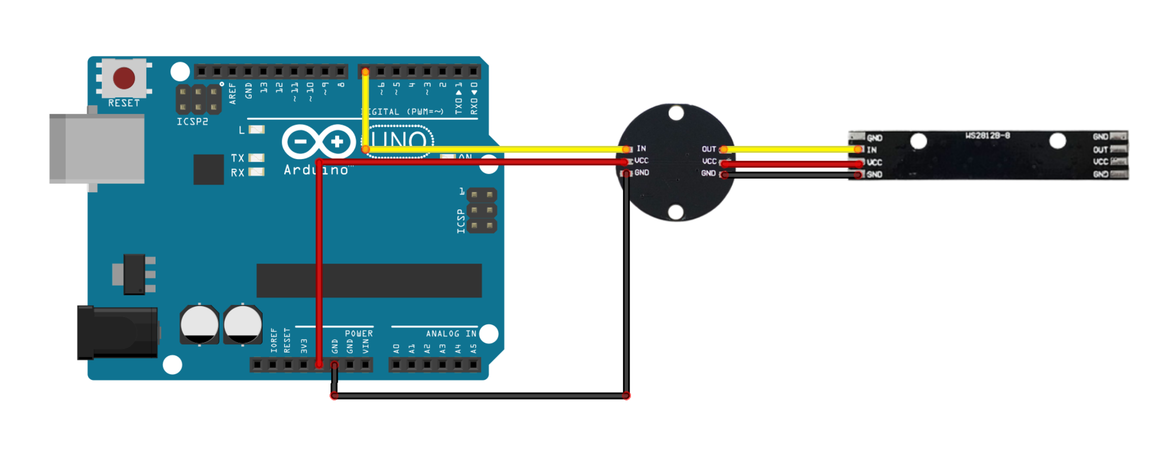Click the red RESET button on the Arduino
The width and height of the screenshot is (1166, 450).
124,78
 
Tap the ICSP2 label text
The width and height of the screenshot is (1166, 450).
192,122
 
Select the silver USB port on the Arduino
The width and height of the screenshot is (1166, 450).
97,148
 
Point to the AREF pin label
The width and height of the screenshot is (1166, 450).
233,94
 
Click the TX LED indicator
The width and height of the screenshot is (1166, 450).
257,158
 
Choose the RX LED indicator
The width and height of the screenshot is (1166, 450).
257,172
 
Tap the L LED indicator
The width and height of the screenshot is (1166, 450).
257,130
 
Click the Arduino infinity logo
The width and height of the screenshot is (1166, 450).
319,141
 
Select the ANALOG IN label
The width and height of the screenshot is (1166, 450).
451,334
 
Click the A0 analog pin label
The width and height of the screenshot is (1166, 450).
397,348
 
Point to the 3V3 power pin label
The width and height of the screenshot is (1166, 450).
304,346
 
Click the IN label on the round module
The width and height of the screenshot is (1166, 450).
641,148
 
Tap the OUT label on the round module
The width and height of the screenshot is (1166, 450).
709,149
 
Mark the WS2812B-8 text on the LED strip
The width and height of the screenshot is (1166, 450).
988,136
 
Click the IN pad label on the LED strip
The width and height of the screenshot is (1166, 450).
872,150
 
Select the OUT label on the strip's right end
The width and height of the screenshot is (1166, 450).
1100,149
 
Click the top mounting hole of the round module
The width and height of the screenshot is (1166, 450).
676,113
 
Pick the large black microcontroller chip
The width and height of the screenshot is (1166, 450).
369,280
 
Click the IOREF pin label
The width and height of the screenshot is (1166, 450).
274,341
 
